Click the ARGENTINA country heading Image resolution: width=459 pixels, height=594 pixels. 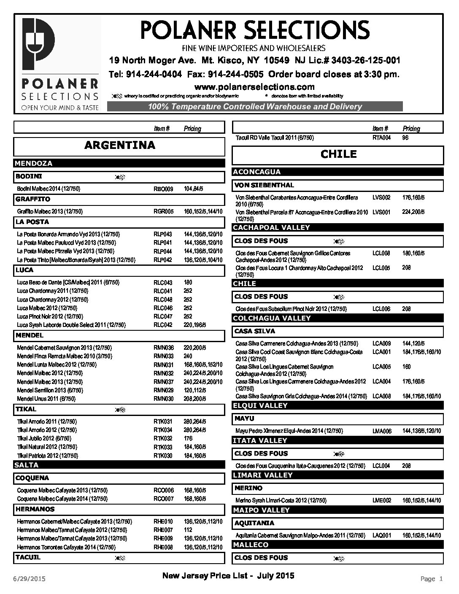119,146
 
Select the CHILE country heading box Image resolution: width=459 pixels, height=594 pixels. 338,154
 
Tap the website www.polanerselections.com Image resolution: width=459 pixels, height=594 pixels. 254,87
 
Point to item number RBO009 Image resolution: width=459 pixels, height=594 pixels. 163,189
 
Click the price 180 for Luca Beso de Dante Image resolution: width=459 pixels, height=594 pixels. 188,282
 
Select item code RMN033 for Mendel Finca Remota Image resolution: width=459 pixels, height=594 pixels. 163,356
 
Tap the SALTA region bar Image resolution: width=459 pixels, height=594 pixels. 119,465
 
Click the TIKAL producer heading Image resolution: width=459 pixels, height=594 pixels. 26,409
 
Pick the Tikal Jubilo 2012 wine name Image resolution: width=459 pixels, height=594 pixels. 44,438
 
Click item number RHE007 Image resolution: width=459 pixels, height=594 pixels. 163,530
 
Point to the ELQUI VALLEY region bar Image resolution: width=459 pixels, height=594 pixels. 337,405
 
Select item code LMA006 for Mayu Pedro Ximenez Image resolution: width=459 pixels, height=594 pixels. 382,431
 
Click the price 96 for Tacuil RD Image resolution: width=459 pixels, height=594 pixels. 405,138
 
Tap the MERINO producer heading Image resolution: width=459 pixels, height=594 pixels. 248,488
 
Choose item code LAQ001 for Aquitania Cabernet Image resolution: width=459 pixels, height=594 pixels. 382,535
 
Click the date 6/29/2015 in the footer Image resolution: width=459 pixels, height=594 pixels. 29,578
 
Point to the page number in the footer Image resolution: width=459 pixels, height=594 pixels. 432,579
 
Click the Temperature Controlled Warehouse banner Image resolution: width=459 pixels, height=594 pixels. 255,107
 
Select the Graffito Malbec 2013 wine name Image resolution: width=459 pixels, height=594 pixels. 50,211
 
